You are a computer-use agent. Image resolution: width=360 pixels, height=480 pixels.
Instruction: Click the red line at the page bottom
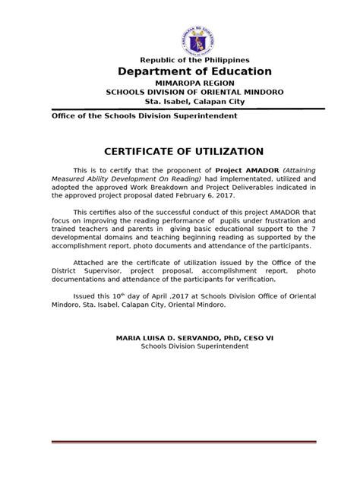tap(180, 443)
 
